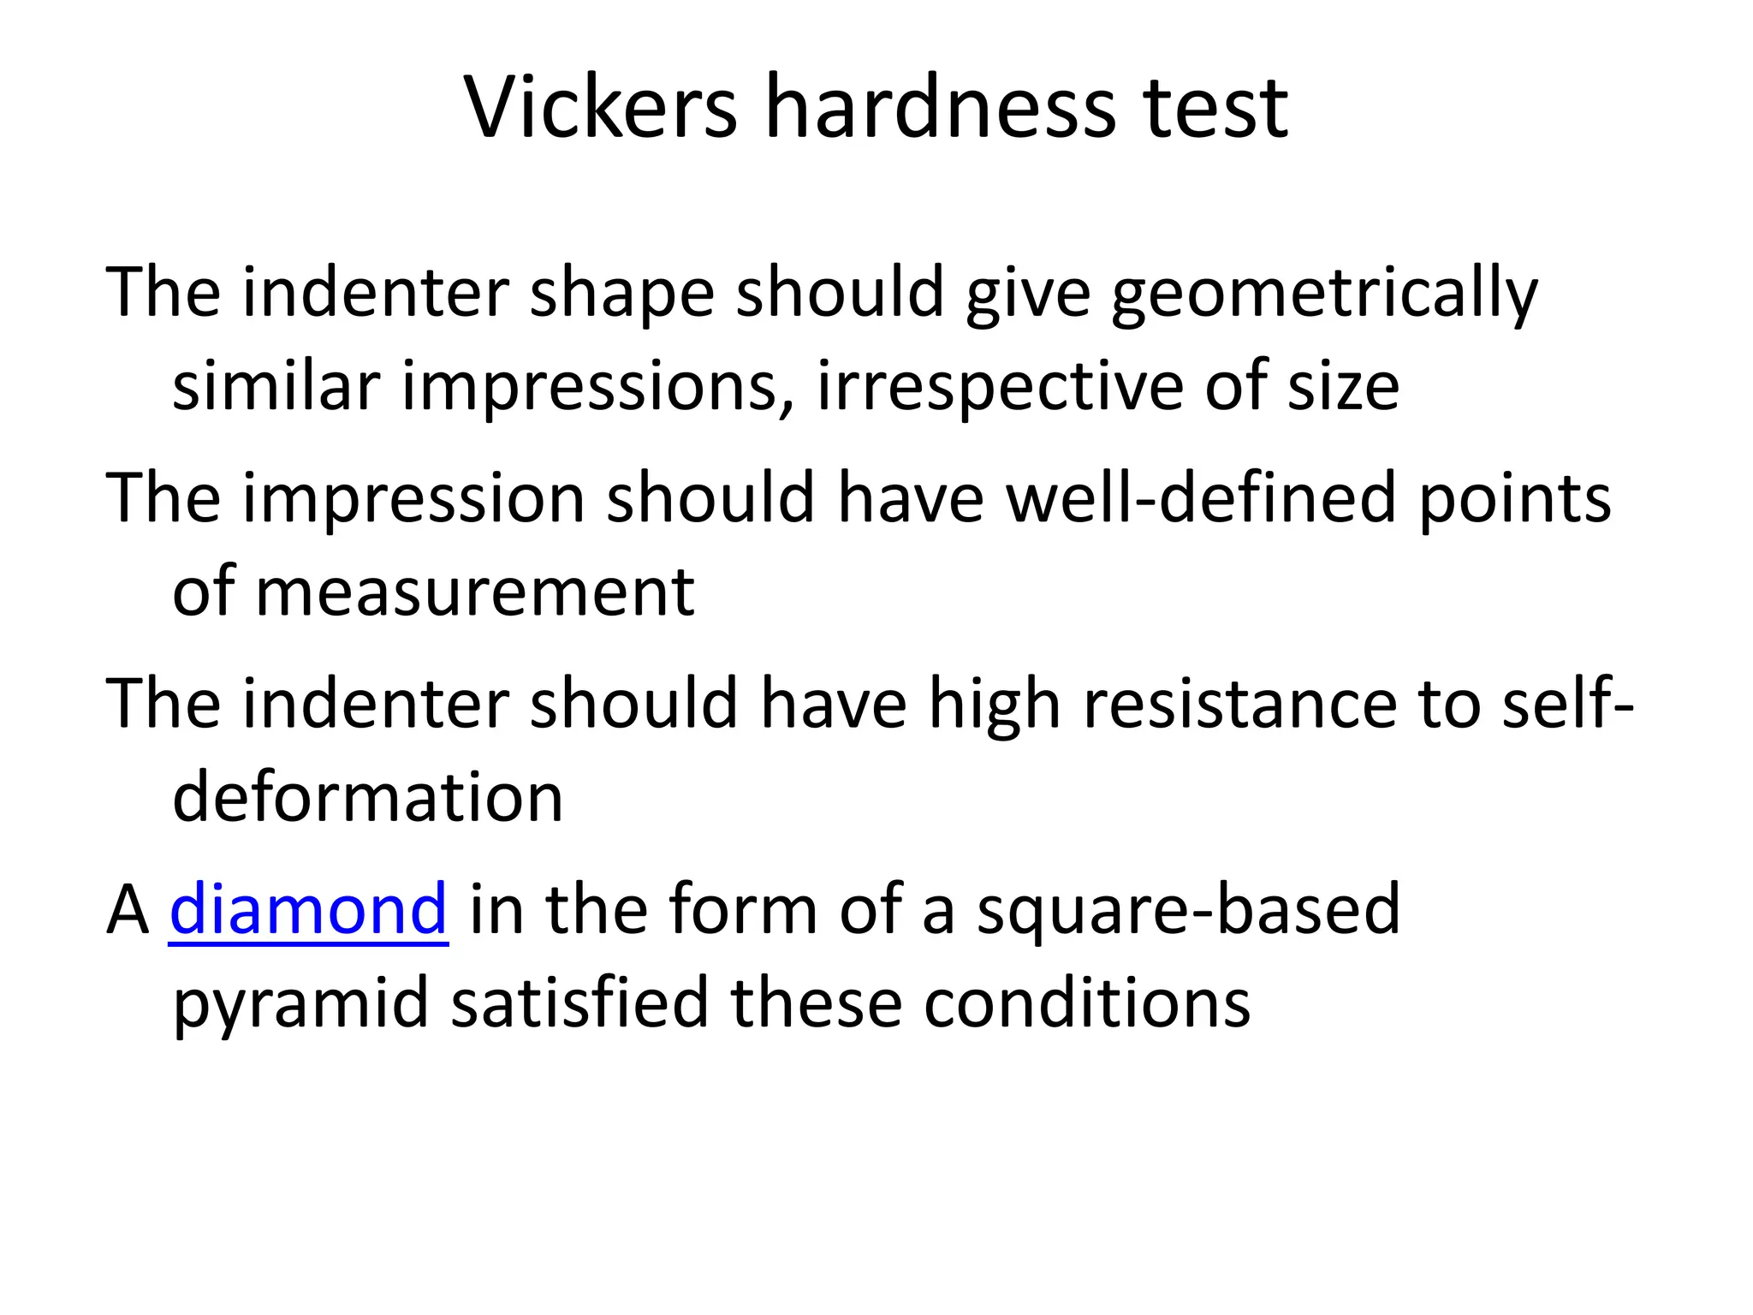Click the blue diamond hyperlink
coord(308,909)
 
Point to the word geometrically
coord(1324,293)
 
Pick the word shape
coord(621,293)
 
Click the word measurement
coord(475,592)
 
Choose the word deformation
coord(368,798)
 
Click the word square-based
coord(1188,909)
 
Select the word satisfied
coord(579,1003)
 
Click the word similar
coord(276,387)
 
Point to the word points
coord(1514,498)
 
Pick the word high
coord(994,704)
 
